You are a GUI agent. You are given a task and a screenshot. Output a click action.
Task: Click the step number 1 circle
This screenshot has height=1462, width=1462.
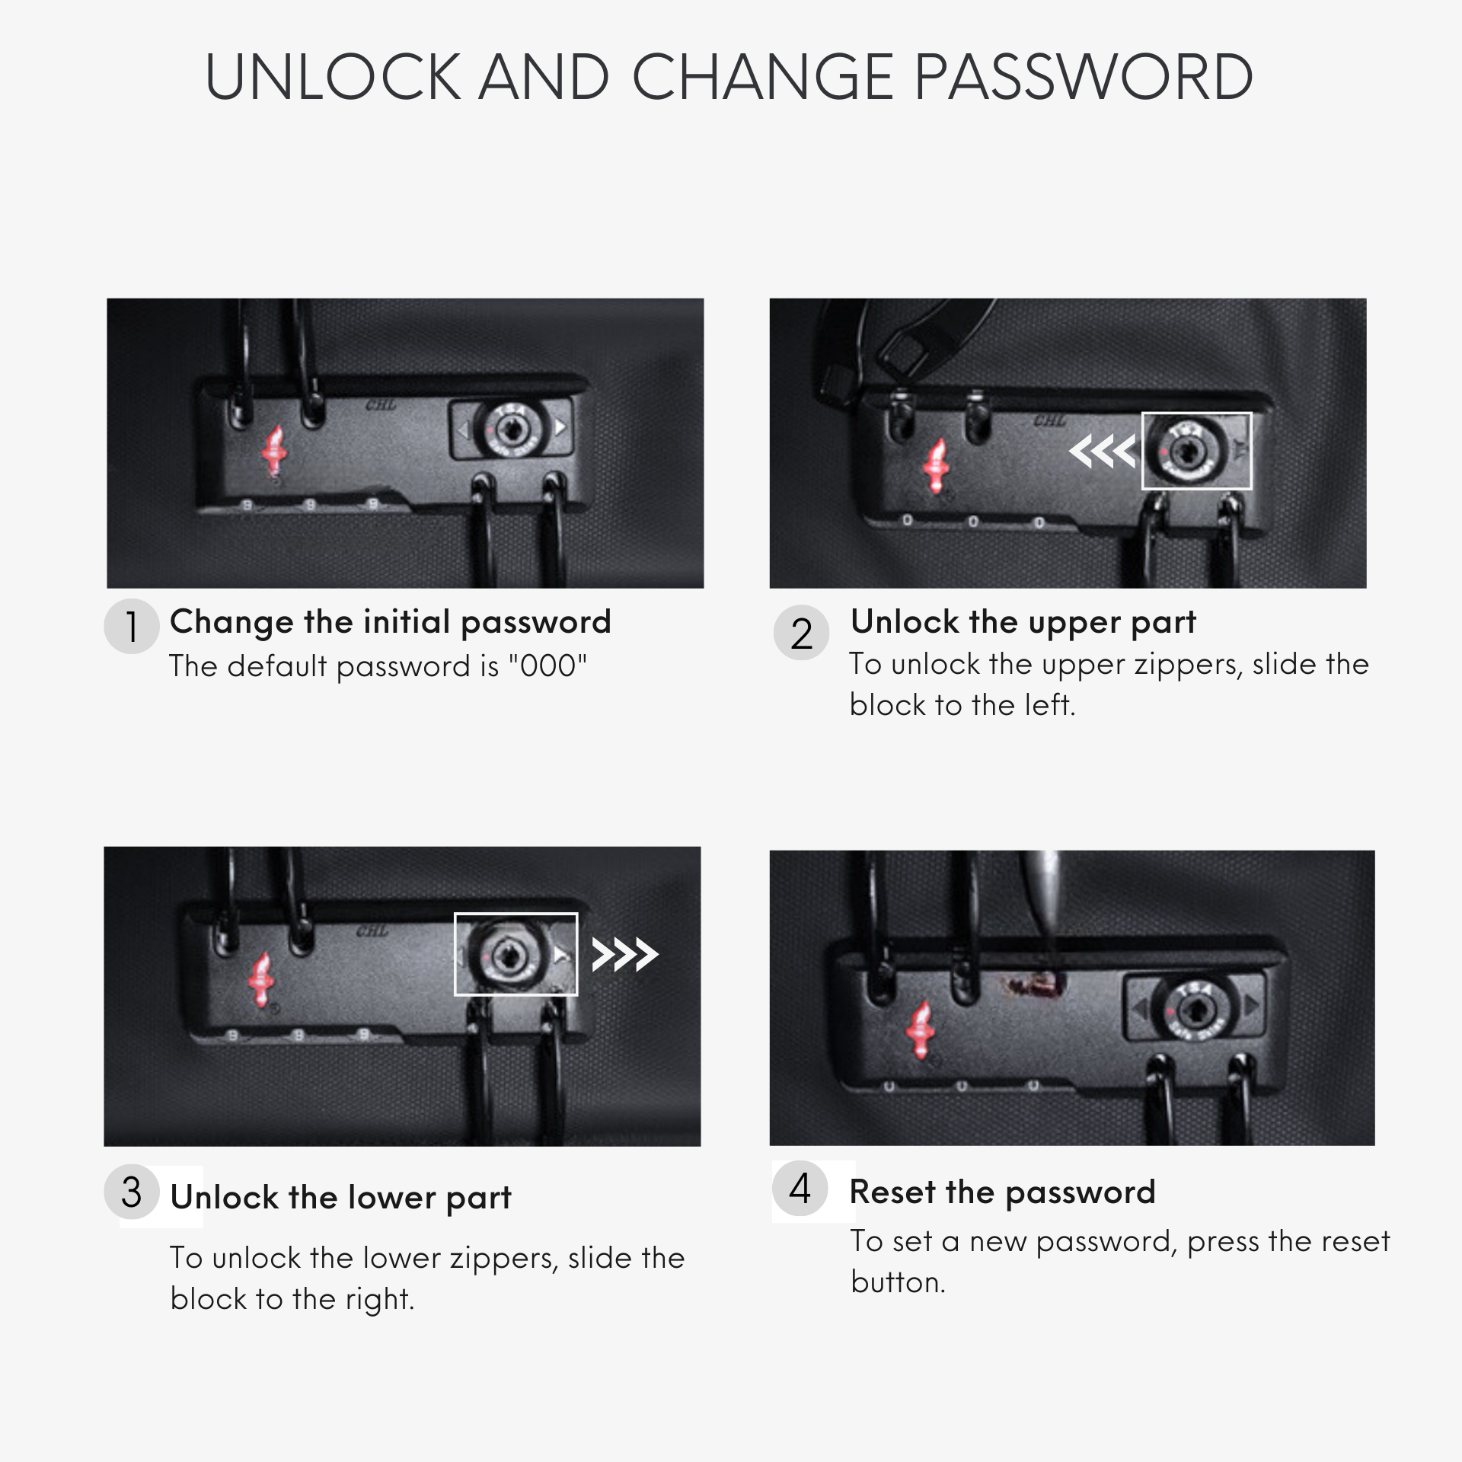[x=132, y=627]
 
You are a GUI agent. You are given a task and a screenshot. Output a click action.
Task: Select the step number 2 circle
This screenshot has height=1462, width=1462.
[x=801, y=633]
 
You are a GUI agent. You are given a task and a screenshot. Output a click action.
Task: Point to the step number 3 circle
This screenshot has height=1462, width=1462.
[x=132, y=1192]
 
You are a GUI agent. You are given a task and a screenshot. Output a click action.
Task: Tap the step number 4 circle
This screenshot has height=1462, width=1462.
[x=800, y=1188]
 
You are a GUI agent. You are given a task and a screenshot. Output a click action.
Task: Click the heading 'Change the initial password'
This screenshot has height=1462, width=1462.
[x=391, y=622]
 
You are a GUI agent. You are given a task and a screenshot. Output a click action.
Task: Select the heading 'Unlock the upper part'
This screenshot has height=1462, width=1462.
[x=1023, y=622]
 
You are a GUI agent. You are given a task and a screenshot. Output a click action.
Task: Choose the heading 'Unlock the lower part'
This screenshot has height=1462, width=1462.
[x=340, y=1198]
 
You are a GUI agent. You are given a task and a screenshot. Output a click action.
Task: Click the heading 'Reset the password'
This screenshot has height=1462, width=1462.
[x=1002, y=1192]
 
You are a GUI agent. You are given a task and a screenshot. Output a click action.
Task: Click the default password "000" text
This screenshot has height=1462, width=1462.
[x=548, y=666]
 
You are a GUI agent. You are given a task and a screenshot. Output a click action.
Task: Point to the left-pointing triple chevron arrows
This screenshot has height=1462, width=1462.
[x=1102, y=452]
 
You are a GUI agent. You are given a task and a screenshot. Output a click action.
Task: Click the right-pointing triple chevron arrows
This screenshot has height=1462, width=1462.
[x=625, y=955]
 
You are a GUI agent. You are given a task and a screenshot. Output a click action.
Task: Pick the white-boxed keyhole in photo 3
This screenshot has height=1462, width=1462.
[x=505, y=955]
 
